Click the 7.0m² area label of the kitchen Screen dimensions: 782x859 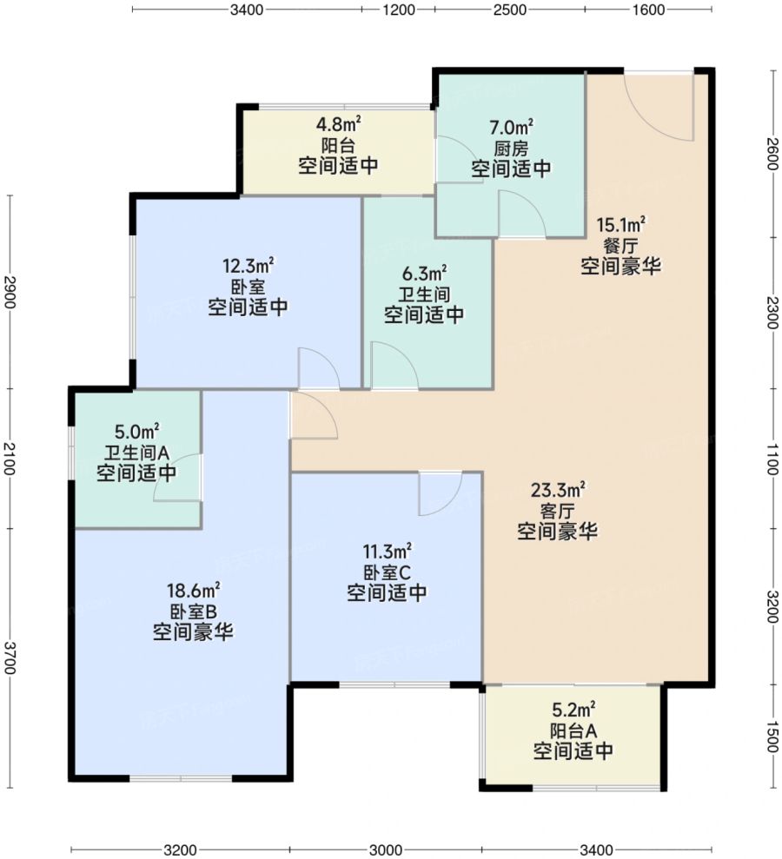pos(511,128)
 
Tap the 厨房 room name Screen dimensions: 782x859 pos(511,149)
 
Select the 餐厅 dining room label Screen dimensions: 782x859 pos(621,246)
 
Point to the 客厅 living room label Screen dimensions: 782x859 pos(557,511)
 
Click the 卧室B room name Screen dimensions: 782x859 pos(193,611)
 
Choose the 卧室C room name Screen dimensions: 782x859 pos(387,572)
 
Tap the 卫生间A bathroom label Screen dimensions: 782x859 pos(136,453)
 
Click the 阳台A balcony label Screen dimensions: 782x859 pos(573,730)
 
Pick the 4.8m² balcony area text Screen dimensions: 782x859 pos(338,124)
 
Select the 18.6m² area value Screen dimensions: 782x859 pos(194,591)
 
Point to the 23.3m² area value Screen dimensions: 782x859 pos(557,489)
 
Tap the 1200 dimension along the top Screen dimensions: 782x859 pos(399,10)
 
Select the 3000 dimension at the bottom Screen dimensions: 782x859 pos(386,849)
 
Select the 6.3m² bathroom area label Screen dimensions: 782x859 pos(424,272)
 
